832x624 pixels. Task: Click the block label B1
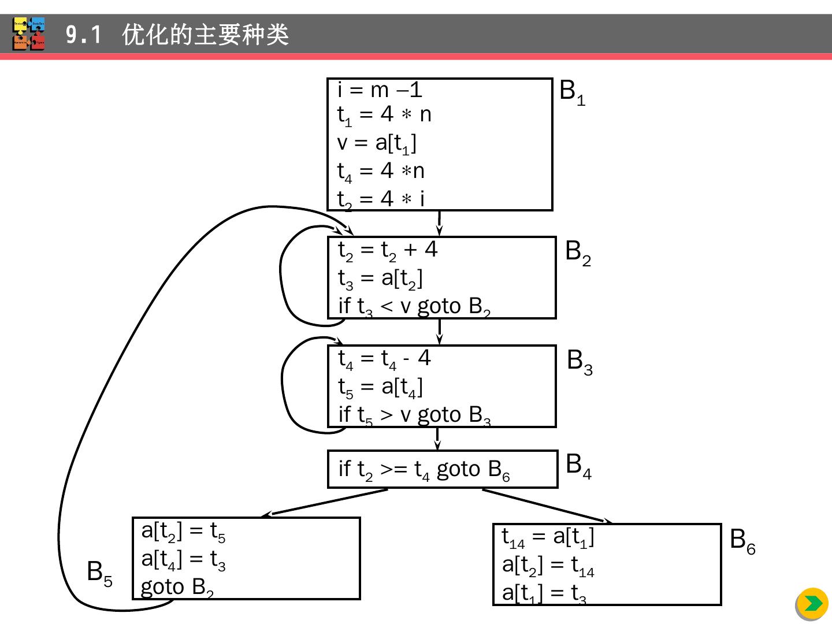[x=572, y=92]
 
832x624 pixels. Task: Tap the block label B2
[x=578, y=252]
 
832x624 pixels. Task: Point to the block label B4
[x=578, y=465]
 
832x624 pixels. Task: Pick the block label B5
[x=99, y=573]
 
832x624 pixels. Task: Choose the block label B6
[x=742, y=541]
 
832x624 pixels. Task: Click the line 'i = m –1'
[x=380, y=90]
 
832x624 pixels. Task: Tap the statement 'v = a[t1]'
[x=377, y=143]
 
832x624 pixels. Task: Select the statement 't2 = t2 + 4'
[x=388, y=250]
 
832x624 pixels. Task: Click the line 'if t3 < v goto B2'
[x=414, y=306]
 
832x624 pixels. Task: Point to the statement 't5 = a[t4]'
[x=380, y=387]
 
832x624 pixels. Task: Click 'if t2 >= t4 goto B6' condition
[x=424, y=470]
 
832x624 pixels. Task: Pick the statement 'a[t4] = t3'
[x=183, y=559]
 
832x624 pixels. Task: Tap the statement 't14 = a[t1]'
[x=548, y=538]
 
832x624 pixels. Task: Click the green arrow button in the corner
[x=812, y=604]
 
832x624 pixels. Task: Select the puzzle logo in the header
[x=29, y=34]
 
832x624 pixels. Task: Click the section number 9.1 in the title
[x=83, y=35]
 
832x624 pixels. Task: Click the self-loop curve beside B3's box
[x=283, y=384]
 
